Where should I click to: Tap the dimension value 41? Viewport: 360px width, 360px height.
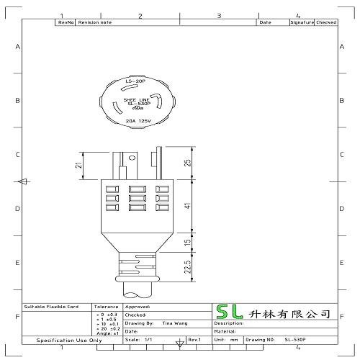click(188, 207)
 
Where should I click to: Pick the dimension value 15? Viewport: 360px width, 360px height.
click(188, 243)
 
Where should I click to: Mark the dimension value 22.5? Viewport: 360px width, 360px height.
click(188, 268)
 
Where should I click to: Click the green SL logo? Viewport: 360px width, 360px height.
click(230, 313)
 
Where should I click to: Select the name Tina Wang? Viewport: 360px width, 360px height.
click(175, 323)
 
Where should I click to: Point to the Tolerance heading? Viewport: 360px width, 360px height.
click(106, 306)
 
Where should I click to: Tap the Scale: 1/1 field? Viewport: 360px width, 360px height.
click(140, 338)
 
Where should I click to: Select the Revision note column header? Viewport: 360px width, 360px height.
click(95, 23)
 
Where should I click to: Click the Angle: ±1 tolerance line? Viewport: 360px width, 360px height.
click(106, 333)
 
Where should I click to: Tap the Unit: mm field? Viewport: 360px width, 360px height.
click(225, 338)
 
